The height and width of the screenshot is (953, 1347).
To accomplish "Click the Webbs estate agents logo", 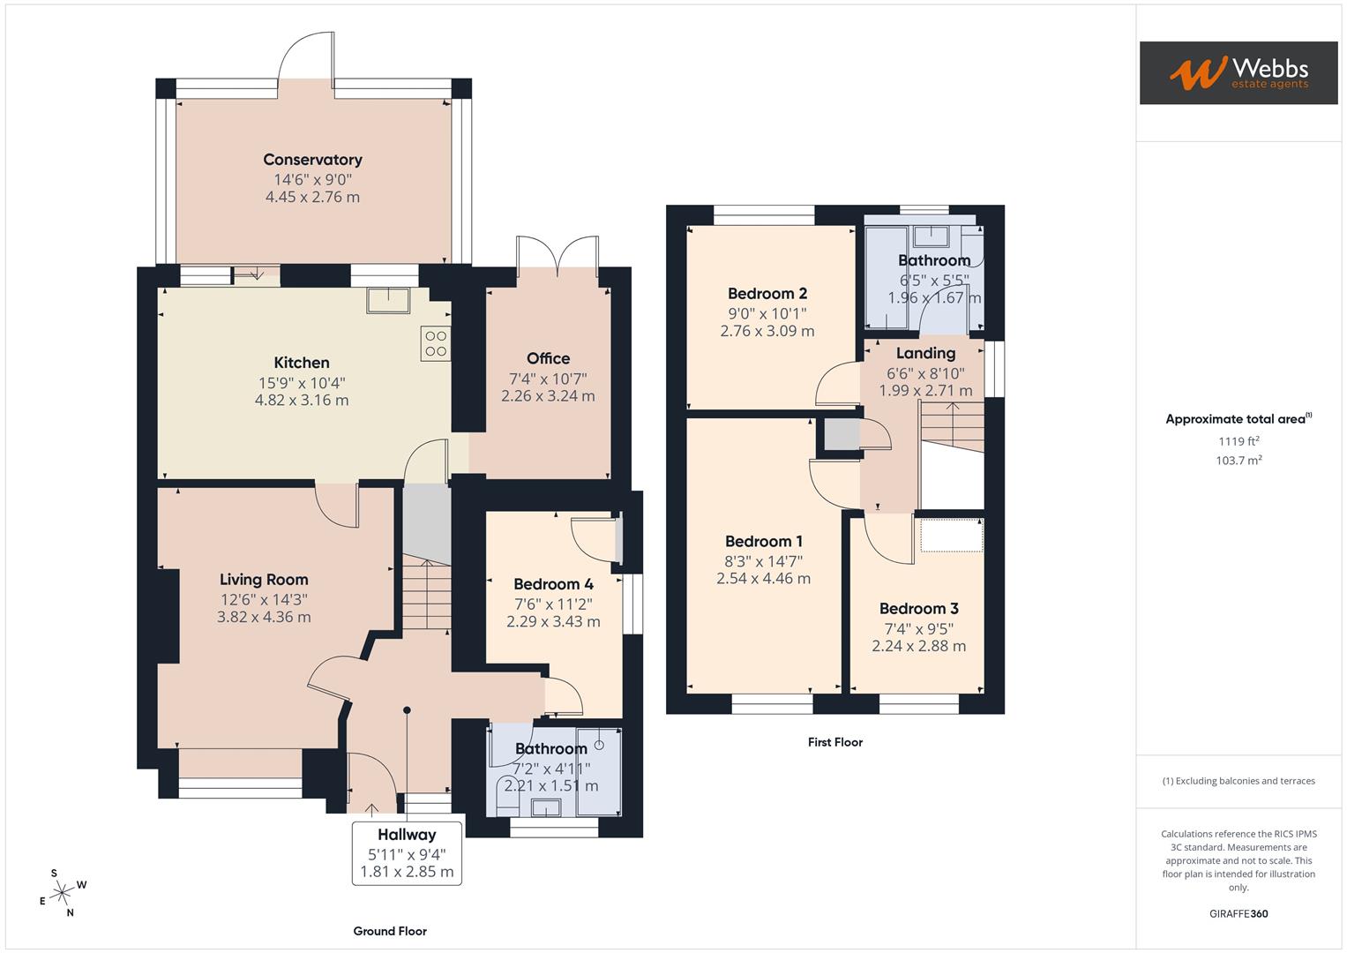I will (x=1238, y=72).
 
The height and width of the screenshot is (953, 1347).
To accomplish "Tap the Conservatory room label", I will (x=312, y=160).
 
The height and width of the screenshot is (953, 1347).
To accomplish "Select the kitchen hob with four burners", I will (x=436, y=343).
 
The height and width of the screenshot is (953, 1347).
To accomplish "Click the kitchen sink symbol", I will (x=389, y=300).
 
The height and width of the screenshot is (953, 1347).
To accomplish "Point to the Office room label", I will (x=548, y=358).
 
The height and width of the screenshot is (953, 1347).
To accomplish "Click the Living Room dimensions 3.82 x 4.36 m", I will (x=264, y=618).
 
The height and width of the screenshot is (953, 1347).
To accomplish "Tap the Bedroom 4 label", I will (x=553, y=584).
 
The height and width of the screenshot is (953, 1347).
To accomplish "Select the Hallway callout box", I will (x=407, y=852).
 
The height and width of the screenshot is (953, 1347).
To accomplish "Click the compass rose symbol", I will (x=61, y=894).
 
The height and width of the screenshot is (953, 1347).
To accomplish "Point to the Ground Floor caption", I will (x=390, y=931).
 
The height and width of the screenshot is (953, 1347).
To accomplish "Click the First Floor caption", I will (x=834, y=742).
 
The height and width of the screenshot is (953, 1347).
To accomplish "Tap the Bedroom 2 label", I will (x=767, y=294).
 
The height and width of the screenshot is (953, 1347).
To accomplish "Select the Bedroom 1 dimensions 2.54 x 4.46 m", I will (x=763, y=579).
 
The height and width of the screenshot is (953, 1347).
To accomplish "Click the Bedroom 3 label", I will (x=918, y=609).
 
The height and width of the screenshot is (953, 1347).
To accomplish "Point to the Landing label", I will (x=925, y=353).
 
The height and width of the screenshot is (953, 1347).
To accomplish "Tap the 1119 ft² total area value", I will (x=1238, y=441).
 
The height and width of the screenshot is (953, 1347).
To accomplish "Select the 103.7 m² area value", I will (x=1238, y=461).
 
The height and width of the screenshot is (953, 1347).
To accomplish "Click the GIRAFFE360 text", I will (x=1238, y=913).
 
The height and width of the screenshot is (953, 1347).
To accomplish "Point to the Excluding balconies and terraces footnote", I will (x=1238, y=781).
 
